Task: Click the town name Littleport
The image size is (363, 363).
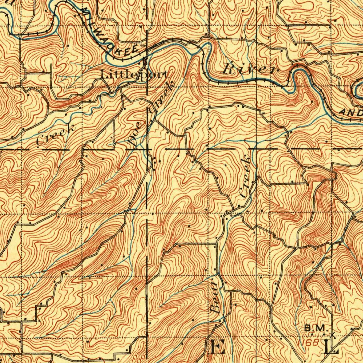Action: [x=134, y=75]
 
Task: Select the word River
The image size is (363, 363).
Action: [x=248, y=69]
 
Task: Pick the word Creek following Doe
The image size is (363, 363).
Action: [x=161, y=97]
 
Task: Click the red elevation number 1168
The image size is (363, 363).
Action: [x=311, y=343]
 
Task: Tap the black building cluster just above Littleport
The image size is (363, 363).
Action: [x=145, y=62]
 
